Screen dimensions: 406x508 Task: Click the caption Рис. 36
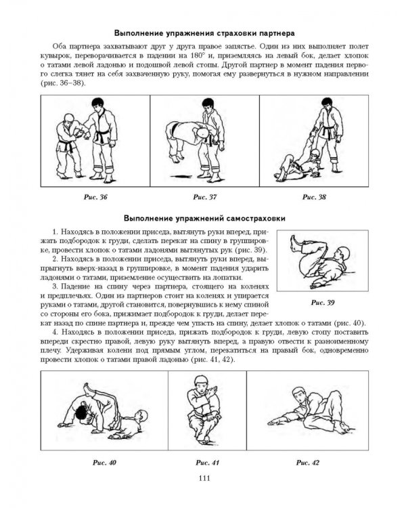95,197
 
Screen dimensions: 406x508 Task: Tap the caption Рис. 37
204,197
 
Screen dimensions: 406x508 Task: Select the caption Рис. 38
314,197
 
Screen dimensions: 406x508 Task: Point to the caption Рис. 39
323,303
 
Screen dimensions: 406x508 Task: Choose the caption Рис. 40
104,463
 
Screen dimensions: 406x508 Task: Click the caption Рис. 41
207,463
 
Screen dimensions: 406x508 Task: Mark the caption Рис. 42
308,463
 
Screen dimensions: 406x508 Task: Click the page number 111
204,478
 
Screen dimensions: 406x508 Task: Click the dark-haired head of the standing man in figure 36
97,104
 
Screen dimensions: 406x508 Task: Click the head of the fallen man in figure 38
314,154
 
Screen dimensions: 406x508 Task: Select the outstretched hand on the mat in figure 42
273,422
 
